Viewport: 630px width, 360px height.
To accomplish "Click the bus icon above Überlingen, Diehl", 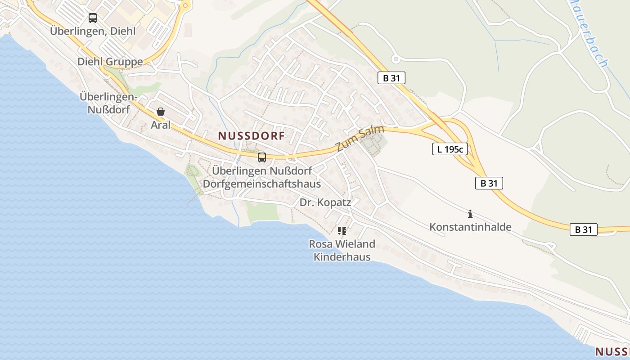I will click(93, 18).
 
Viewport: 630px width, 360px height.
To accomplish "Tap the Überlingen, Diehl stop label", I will click(93, 31).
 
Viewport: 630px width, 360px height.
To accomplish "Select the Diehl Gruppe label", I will click(110, 62).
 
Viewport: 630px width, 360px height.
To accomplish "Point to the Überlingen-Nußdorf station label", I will click(108, 103).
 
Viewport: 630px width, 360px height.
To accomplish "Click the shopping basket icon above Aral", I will click(161, 112).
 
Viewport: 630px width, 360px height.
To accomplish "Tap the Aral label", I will click(161, 125).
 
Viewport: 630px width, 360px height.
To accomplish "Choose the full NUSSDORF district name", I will click(252, 135).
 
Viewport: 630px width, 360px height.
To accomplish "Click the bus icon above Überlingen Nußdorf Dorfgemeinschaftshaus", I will click(262, 157).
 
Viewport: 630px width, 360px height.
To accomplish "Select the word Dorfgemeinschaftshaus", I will click(262, 184).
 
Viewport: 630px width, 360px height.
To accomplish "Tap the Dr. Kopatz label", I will click(325, 202).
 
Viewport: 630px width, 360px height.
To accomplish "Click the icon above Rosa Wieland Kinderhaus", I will click(342, 231).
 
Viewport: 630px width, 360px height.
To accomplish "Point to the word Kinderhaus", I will click(342, 257).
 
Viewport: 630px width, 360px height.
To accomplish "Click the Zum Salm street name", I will click(360, 139).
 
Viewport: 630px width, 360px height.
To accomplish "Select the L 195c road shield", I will click(450, 149).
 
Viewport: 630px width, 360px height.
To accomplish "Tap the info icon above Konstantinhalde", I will click(470, 214).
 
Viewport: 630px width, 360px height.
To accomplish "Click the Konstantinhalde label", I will click(470, 227).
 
